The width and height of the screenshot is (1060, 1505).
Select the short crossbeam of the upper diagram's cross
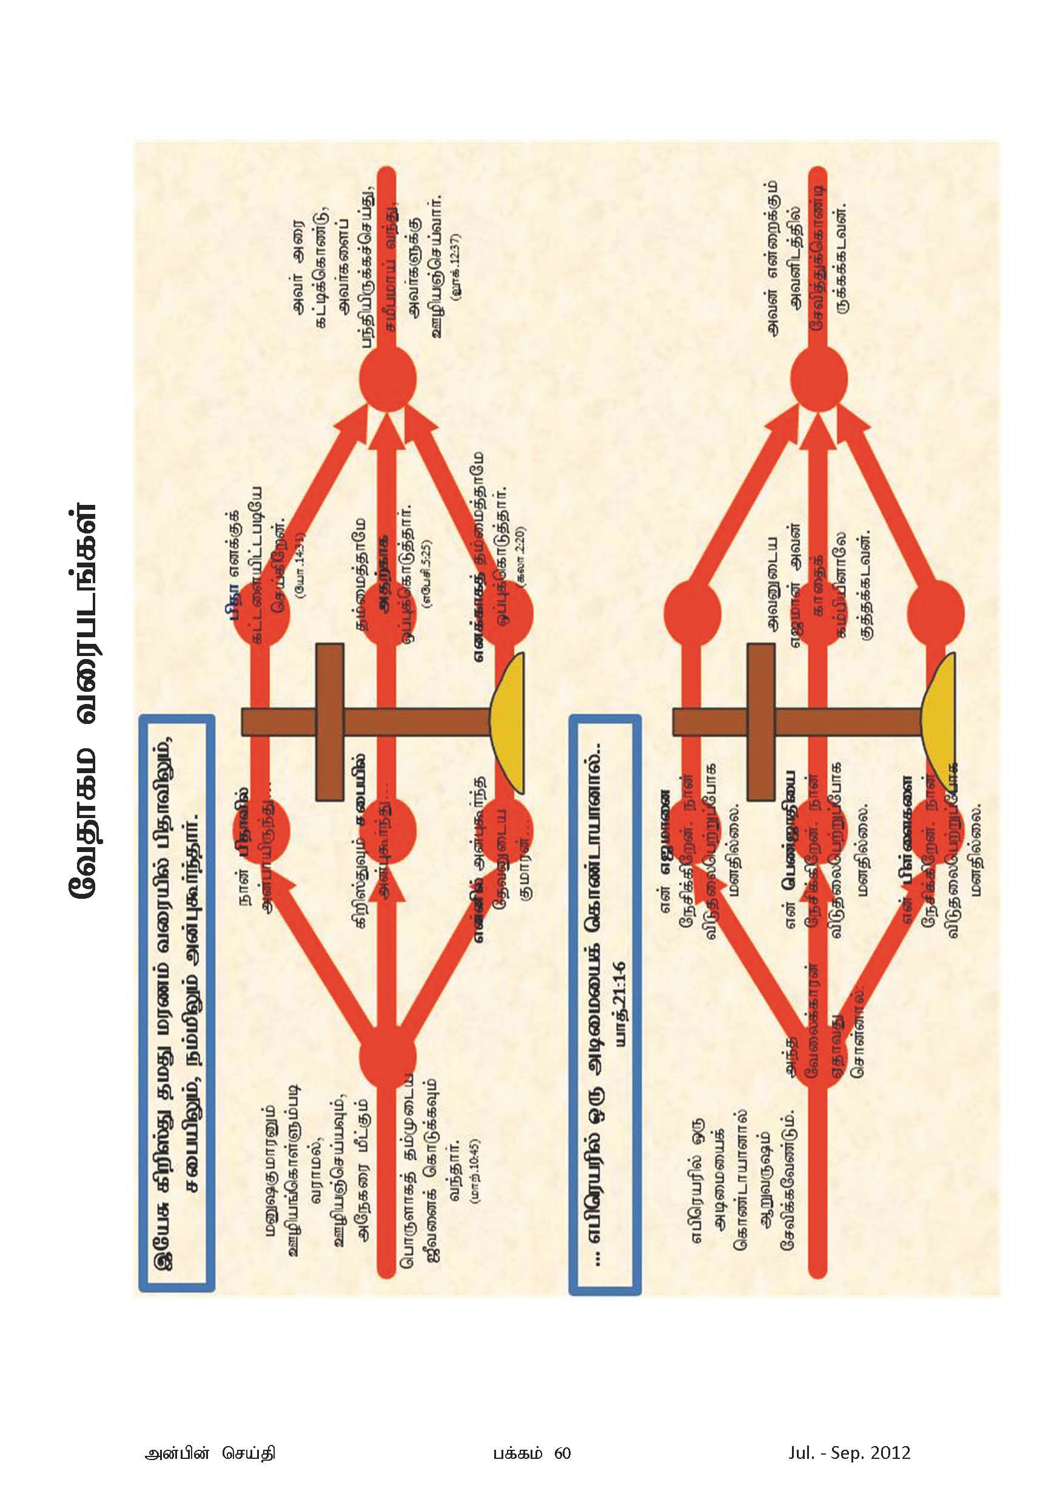coord(329,721)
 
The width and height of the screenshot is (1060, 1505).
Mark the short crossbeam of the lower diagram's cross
coord(760,721)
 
